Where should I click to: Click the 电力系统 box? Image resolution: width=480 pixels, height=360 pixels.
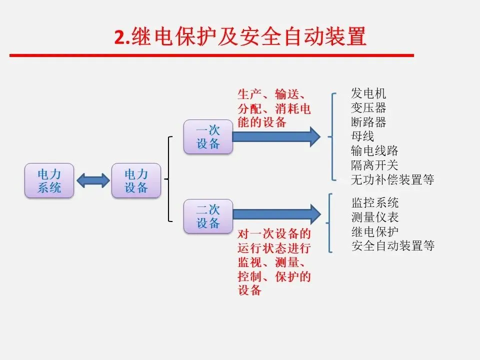pos(49,180)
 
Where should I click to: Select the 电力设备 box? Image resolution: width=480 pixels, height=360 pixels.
pos(136,180)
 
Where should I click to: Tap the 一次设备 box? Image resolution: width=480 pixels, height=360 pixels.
pos(208,136)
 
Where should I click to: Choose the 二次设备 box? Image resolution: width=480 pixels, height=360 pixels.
pos(208,215)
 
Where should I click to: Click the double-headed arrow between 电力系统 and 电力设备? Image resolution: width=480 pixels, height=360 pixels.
pos(93,180)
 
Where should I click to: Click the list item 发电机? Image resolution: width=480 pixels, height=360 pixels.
pos(369,93)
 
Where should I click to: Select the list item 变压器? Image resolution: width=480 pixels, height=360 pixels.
pos(369,108)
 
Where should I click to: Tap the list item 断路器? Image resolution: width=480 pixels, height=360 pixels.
pos(369,122)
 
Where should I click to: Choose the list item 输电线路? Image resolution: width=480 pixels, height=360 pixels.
pos(375,150)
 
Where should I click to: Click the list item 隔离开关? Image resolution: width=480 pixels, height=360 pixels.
pos(375,165)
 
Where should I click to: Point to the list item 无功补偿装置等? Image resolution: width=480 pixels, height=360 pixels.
pos(393,179)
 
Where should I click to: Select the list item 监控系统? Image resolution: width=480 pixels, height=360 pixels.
pos(375,202)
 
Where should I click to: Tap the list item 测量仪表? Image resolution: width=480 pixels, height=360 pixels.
pos(375,217)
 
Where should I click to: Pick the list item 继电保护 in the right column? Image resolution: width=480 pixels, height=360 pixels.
pos(375,231)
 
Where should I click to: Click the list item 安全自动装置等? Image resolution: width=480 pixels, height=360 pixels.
pos(393,245)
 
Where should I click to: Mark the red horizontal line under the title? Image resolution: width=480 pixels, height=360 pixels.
pos(212,55)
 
